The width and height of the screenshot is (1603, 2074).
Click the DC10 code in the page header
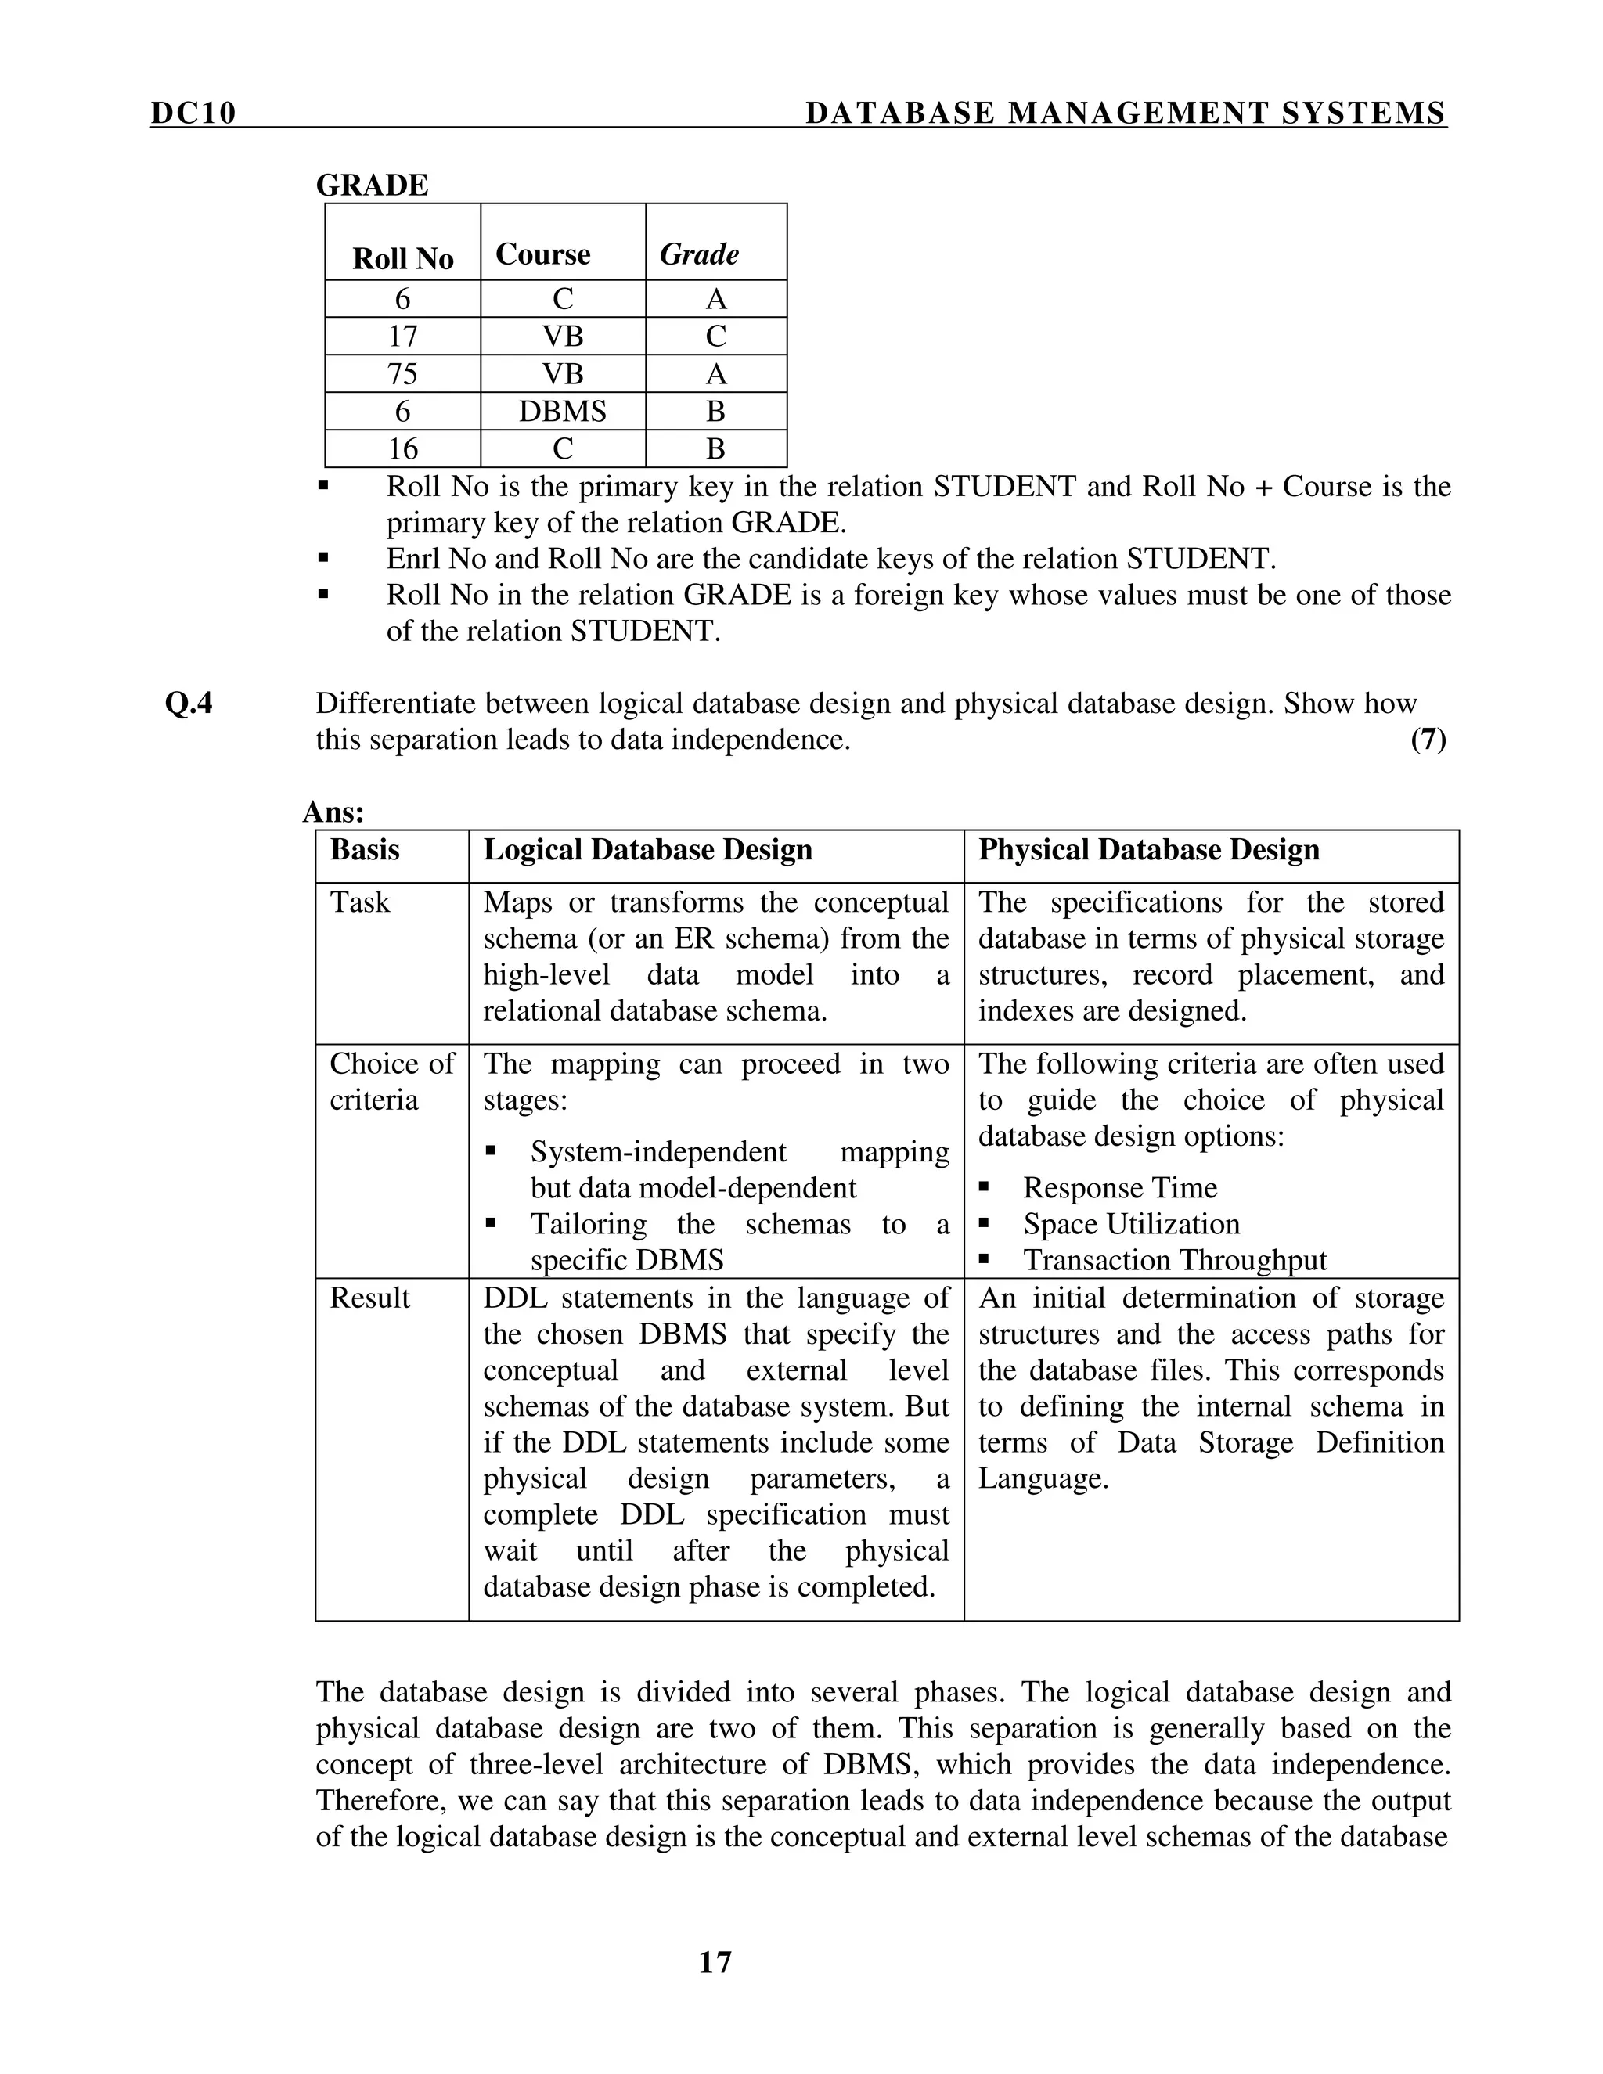pos(193,113)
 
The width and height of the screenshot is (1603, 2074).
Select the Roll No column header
pos(402,258)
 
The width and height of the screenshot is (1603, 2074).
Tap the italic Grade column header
pos(699,254)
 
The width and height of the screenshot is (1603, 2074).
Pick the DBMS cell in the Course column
pos(562,411)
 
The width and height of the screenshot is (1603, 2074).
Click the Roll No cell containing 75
pos(402,373)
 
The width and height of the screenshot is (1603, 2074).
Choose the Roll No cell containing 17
pos(402,337)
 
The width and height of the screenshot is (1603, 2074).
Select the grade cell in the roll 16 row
pos(716,448)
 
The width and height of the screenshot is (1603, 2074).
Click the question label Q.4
pos(189,704)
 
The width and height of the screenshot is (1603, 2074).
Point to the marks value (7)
pos(1428,740)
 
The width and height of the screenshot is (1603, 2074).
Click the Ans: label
pos(333,812)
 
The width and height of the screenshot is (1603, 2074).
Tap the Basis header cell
pos(365,849)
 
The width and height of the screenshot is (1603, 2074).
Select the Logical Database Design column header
pos(647,849)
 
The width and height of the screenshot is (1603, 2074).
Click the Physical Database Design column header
pos(1148,849)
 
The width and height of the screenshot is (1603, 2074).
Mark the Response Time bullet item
pos(1119,1187)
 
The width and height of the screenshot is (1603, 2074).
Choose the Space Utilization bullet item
pos(1131,1223)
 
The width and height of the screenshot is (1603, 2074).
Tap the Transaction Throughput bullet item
pos(1174,1259)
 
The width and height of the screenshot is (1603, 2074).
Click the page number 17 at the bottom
pos(715,1962)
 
